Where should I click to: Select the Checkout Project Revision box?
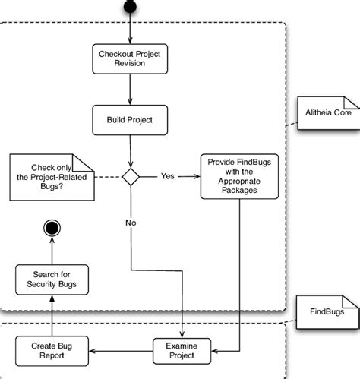point(130,58)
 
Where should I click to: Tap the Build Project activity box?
point(130,118)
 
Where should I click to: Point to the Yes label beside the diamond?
point(167,176)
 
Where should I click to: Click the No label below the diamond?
point(131,223)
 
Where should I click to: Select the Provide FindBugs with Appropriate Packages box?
point(240,176)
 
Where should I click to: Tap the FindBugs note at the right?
point(326,311)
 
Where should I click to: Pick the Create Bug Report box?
point(52,350)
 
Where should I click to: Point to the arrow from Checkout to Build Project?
point(131,90)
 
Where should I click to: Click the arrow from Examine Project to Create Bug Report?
point(122,350)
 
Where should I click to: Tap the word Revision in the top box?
point(130,64)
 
